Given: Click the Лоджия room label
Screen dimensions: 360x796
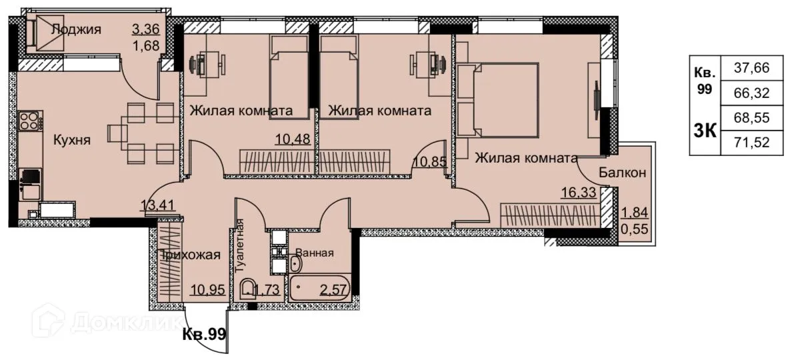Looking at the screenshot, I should [x=76, y=29].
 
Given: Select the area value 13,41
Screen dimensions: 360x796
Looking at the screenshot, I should [x=159, y=205].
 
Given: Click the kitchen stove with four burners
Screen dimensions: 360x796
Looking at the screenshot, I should [x=29, y=121].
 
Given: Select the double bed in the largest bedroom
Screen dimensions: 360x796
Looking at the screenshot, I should [x=505, y=99].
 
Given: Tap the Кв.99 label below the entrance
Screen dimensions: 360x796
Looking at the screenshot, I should [x=205, y=334].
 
